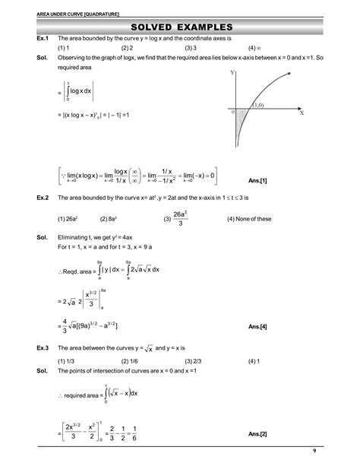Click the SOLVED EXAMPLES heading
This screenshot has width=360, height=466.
click(180, 28)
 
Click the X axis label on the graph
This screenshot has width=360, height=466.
click(302, 113)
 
